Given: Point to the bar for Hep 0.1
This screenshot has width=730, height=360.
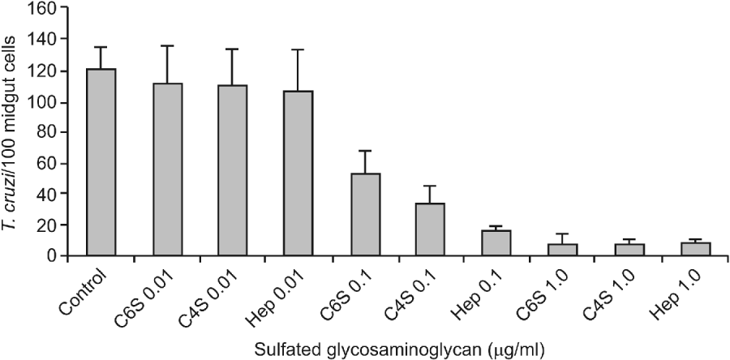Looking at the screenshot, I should tap(496, 243).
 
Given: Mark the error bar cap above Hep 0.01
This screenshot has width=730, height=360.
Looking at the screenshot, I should tap(298, 49).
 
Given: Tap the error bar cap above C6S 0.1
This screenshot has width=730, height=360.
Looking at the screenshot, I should tap(364, 151).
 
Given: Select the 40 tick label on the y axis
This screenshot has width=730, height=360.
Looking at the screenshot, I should tap(54, 194).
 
